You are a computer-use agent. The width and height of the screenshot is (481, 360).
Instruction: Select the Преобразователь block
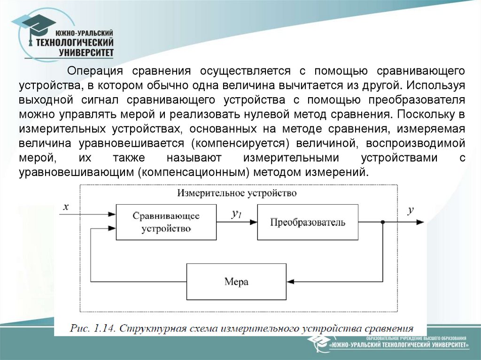click(308, 222)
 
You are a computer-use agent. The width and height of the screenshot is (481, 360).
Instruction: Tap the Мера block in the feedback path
click(236, 282)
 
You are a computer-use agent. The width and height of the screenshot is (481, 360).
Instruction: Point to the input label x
click(66, 207)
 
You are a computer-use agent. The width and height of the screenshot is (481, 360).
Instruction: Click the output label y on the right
click(411, 211)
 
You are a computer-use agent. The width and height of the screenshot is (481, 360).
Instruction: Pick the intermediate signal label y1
click(236, 214)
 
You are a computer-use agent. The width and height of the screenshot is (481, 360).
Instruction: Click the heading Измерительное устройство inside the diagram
click(237, 193)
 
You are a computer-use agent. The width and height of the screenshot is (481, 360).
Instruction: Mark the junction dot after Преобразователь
click(383, 222)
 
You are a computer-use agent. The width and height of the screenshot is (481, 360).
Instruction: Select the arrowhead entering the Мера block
click(290, 282)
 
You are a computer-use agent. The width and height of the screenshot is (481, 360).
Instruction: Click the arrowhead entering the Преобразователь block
click(253, 222)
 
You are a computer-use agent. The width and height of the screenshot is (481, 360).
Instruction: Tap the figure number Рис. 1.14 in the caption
click(92, 328)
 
